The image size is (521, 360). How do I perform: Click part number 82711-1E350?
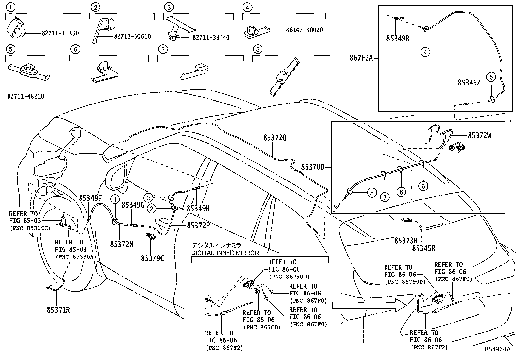[x=60, y=33]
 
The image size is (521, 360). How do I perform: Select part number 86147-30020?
[x=304, y=30]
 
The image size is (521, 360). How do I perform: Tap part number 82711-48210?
[x=26, y=96]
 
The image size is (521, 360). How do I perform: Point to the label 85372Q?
[x=275, y=138]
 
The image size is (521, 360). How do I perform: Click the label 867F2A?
[x=361, y=59]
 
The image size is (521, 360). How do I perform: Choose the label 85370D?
[x=313, y=167]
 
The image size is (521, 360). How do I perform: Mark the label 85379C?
[x=153, y=258]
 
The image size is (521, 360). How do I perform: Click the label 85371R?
[x=58, y=310]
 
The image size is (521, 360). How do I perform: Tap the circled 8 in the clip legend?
[x=258, y=49]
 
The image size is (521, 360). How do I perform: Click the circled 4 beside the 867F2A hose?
[x=425, y=52]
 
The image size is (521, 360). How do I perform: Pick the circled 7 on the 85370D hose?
[x=385, y=197]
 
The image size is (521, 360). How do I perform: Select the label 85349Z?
[x=469, y=83]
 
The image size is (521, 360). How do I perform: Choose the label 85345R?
[x=423, y=248]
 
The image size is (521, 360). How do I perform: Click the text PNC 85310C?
[x=30, y=228]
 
